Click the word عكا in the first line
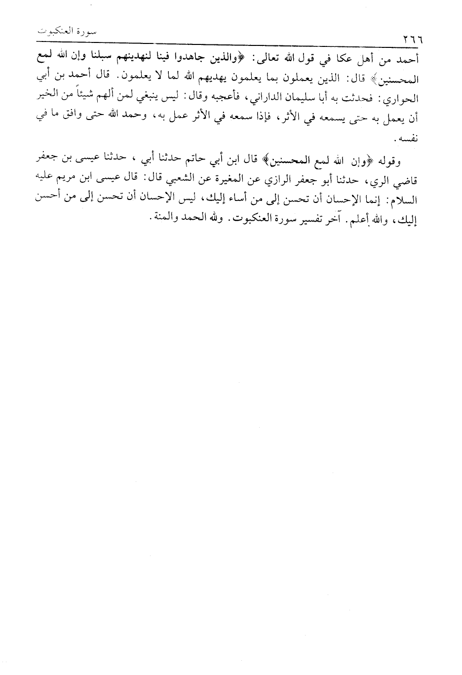coord(342,59)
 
